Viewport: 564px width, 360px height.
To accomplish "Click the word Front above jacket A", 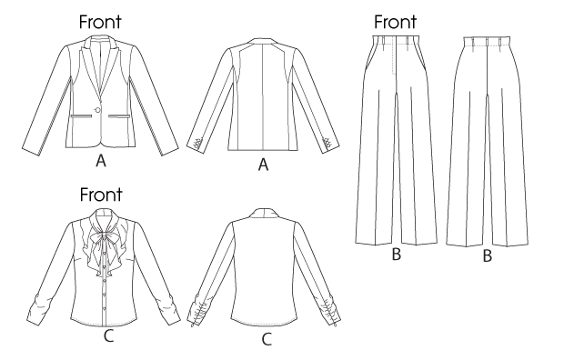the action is [x=100, y=22].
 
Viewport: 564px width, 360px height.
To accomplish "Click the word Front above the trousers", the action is [x=396, y=22].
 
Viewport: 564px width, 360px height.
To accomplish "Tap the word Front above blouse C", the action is [x=101, y=195].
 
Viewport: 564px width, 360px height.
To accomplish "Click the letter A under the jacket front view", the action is [x=101, y=161].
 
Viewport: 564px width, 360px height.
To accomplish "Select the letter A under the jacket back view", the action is [x=263, y=165].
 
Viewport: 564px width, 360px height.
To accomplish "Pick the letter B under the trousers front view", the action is [x=396, y=255].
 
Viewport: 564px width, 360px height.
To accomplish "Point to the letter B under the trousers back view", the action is [x=487, y=256].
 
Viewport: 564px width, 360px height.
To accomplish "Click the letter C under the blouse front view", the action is [x=108, y=336].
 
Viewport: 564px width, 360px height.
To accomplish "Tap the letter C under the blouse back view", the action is [x=267, y=339].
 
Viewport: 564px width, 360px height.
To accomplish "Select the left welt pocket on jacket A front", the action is [x=81, y=115].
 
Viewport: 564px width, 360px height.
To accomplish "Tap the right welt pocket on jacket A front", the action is [x=117, y=115].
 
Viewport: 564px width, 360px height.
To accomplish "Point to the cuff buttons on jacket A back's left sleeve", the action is [x=197, y=145].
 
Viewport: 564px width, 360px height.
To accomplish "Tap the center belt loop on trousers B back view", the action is [x=487, y=42].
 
